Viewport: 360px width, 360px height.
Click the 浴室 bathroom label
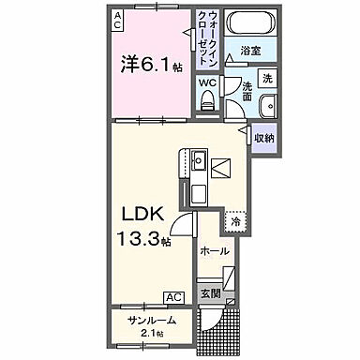pyautogui.click(x=249, y=51)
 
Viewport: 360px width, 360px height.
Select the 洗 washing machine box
pyautogui.click(x=267, y=77)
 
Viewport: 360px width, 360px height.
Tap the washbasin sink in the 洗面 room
pyautogui.click(x=267, y=105)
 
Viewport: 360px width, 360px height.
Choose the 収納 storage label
pyautogui.click(x=264, y=139)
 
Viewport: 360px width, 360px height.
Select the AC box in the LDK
pyautogui.click(x=173, y=297)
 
